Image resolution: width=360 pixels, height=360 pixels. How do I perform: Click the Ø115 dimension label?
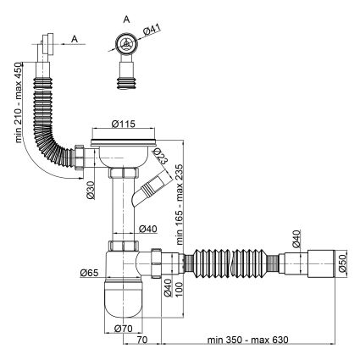click(x=124, y=124)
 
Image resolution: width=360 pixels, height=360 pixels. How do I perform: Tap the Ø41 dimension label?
click(x=152, y=30)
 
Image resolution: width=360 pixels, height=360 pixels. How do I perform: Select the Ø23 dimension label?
click(x=161, y=156)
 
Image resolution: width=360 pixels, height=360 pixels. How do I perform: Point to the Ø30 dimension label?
click(x=91, y=190)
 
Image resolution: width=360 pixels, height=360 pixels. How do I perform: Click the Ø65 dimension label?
click(x=89, y=273)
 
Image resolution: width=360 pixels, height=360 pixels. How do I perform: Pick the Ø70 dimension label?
click(x=123, y=329)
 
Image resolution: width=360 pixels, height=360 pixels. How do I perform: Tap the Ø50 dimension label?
click(x=342, y=263)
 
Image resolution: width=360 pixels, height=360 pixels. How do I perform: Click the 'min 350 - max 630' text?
click(x=248, y=340)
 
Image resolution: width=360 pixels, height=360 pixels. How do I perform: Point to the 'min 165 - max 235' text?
click(x=180, y=204)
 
